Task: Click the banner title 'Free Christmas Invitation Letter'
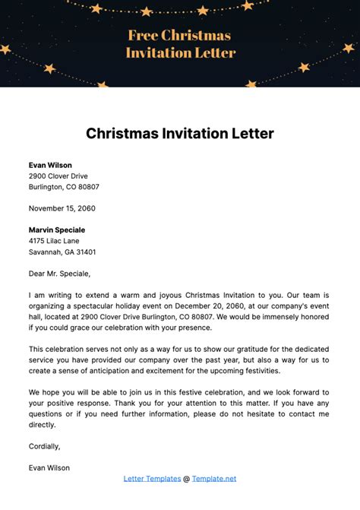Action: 180,44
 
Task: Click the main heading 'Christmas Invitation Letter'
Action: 180,134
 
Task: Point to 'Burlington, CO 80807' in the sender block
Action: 64,186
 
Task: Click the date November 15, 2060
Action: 62,208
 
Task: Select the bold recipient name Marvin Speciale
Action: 57,230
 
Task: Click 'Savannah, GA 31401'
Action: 62,252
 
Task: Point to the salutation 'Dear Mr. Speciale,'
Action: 59,274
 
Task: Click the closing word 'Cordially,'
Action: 44,446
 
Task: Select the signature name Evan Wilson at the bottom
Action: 49,468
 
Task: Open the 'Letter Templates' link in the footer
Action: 151,479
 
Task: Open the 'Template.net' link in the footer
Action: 214,479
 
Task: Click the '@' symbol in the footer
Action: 186,479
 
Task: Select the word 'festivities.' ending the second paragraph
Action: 259,371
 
